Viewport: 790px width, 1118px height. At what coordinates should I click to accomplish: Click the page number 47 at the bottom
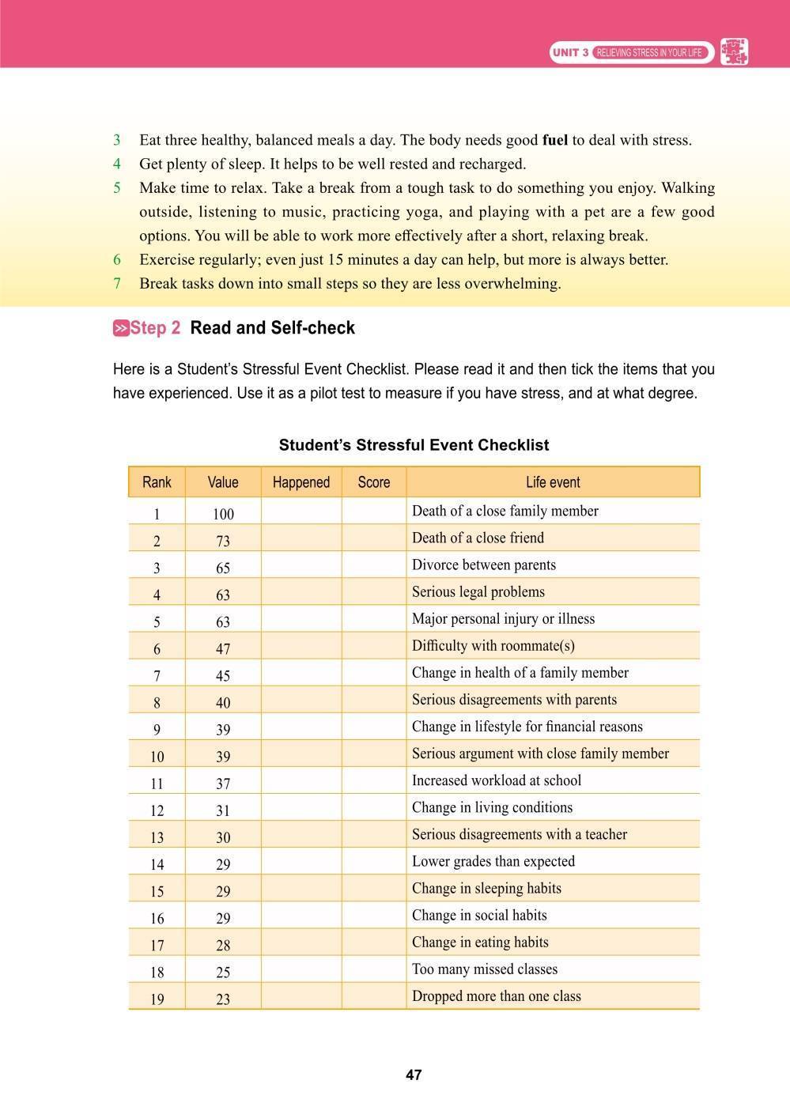point(414,1075)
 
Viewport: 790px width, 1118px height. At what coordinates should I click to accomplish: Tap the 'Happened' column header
point(301,482)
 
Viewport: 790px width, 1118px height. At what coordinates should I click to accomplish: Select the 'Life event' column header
point(553,482)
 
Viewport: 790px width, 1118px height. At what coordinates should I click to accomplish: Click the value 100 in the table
point(223,514)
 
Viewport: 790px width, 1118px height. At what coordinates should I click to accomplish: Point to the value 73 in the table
point(223,541)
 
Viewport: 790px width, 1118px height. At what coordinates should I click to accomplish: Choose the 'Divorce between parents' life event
point(483,565)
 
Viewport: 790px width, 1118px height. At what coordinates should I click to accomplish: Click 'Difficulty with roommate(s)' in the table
point(493,646)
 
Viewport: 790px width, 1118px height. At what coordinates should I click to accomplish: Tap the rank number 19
point(157,999)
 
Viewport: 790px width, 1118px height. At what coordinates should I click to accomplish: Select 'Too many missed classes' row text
point(484,969)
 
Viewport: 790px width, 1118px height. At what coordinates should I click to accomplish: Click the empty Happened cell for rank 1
point(301,512)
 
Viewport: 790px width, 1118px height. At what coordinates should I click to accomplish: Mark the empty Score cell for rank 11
point(373,781)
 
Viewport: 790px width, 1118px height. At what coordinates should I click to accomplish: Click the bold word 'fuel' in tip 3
point(555,141)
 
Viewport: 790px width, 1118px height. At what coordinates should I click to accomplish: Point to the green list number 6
point(117,259)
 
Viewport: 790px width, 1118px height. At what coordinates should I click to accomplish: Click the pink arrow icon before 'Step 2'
point(121,328)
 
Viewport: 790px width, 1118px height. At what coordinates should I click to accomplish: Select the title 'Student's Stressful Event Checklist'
point(414,445)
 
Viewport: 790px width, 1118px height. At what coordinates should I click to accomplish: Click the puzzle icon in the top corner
point(735,52)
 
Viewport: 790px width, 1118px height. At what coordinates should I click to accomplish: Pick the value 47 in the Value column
point(223,649)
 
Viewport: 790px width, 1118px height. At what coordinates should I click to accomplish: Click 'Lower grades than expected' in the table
point(493,861)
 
